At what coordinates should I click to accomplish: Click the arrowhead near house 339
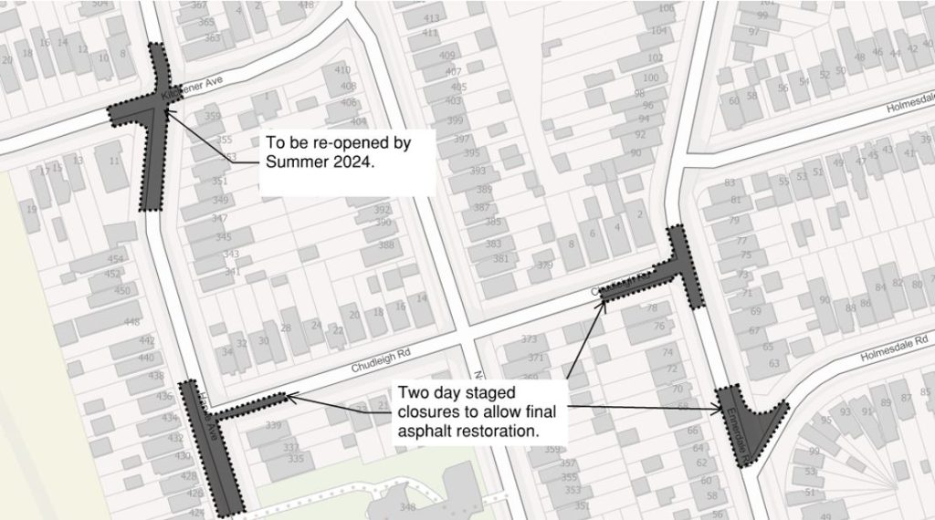[289, 395]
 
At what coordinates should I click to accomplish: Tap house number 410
[342, 71]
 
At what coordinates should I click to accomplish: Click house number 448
[132, 322]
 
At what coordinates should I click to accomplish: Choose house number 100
[650, 78]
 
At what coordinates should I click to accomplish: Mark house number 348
[407, 507]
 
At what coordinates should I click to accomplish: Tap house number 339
[273, 426]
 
